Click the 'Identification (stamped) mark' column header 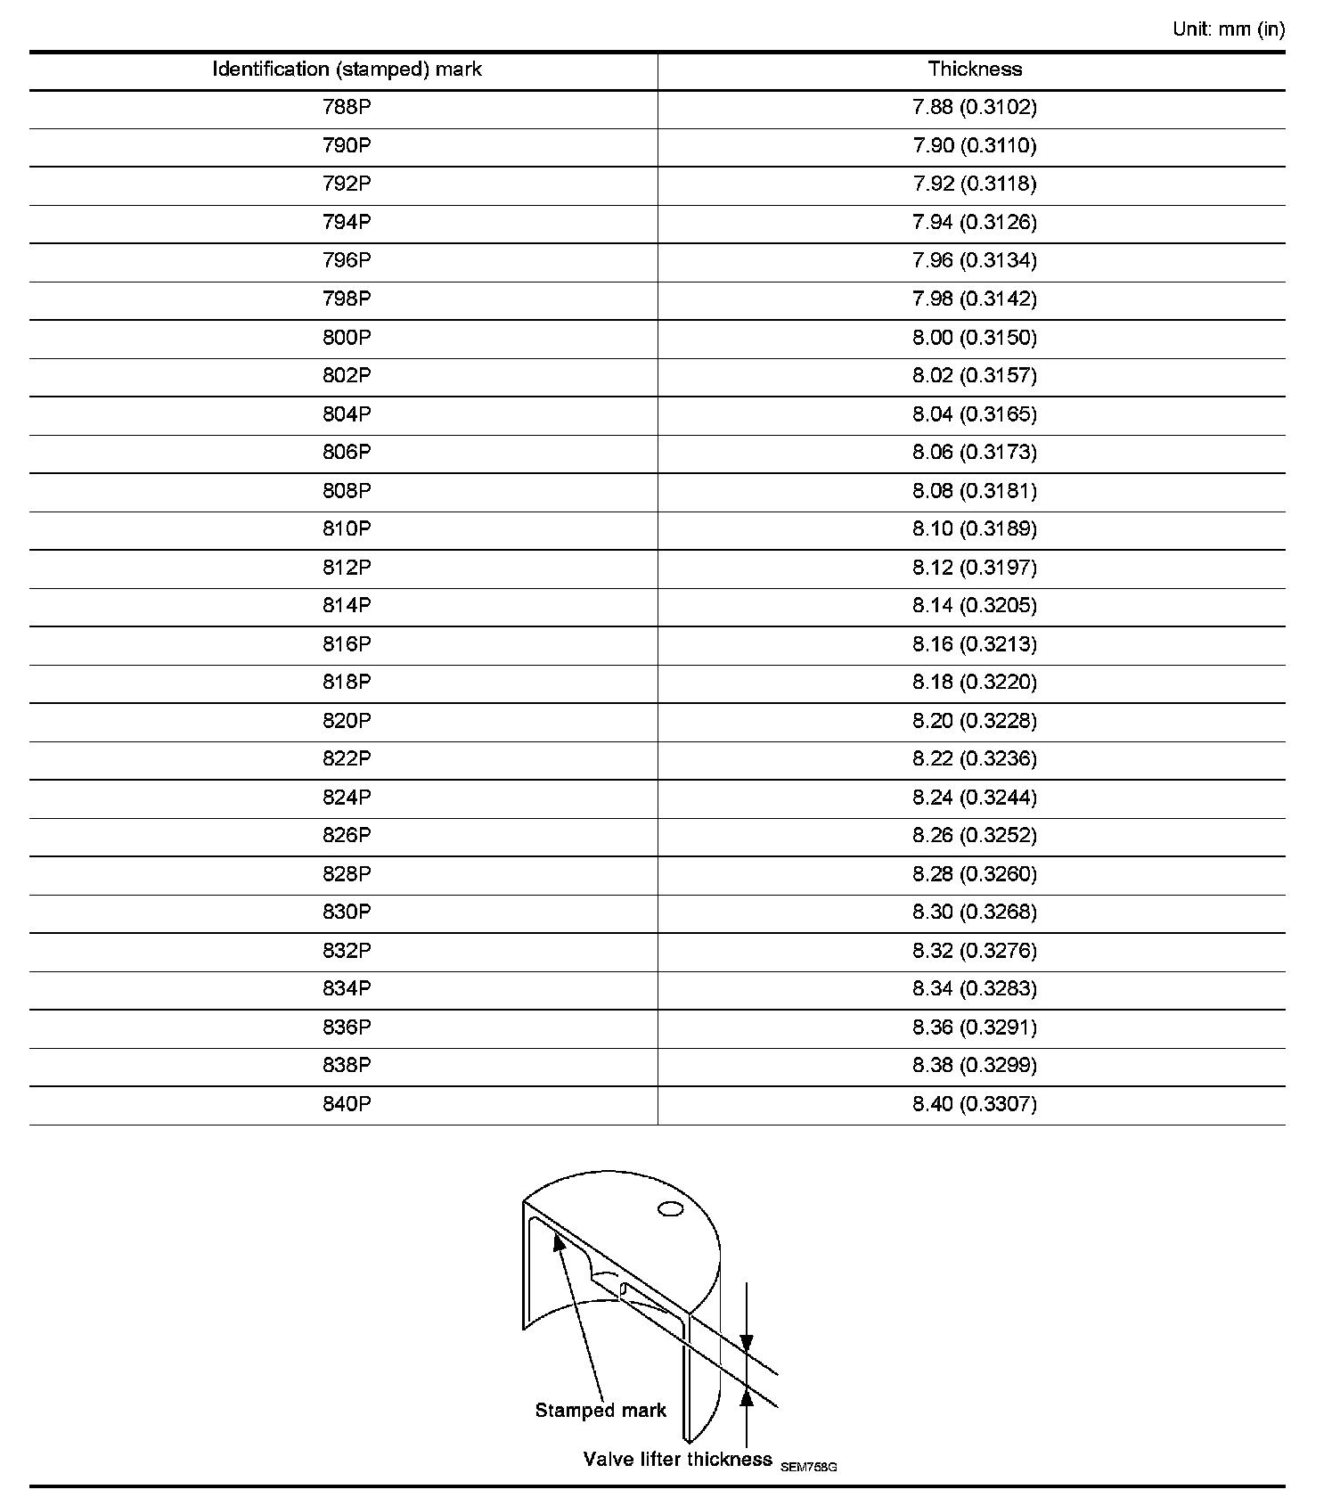[x=347, y=70]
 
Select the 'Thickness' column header [x=975, y=70]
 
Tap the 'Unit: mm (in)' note [x=1229, y=29]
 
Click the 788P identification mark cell [x=347, y=108]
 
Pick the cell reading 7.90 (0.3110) [x=975, y=146]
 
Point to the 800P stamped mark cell [x=347, y=338]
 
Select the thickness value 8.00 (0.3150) [x=975, y=338]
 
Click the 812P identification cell [x=347, y=568]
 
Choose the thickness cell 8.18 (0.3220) [x=975, y=683]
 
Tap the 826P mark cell [x=347, y=836]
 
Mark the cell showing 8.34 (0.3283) [x=975, y=989]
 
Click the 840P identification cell [x=347, y=1104]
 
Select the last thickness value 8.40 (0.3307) [x=975, y=1104]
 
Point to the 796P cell [x=347, y=261]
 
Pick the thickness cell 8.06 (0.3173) [x=975, y=453]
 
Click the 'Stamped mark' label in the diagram [x=601, y=1411]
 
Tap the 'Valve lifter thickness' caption [x=677, y=1460]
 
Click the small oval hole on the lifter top [x=670, y=1209]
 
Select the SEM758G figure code [x=808, y=1467]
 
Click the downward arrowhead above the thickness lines [x=747, y=1343]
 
